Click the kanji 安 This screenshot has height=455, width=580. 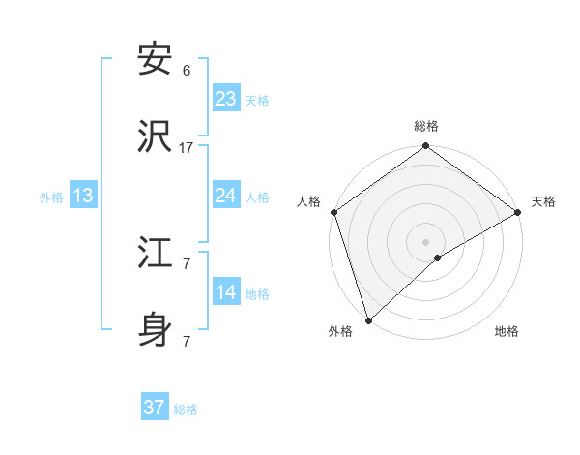click(x=156, y=59)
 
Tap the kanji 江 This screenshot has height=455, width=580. click(x=156, y=253)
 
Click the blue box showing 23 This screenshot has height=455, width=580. click(x=226, y=99)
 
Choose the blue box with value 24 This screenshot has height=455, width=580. click(x=226, y=196)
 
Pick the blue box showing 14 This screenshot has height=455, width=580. click(x=226, y=292)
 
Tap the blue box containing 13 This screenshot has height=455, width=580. click(x=83, y=196)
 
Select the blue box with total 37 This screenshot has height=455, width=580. click(x=155, y=408)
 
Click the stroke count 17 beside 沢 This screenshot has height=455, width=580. click(x=187, y=147)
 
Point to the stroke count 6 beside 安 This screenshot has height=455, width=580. click(x=187, y=71)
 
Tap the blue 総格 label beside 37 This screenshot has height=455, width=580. click(x=186, y=409)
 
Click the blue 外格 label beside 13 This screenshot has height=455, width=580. click(x=51, y=197)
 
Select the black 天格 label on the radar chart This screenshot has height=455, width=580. click(x=543, y=201)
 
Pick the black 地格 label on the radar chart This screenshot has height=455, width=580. click(x=507, y=331)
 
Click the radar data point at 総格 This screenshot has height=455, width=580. click(x=425, y=147)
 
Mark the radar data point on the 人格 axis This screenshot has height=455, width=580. click(x=333, y=212)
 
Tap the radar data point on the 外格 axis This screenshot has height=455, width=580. click(x=368, y=318)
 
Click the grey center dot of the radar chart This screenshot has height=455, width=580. click(x=425, y=241)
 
